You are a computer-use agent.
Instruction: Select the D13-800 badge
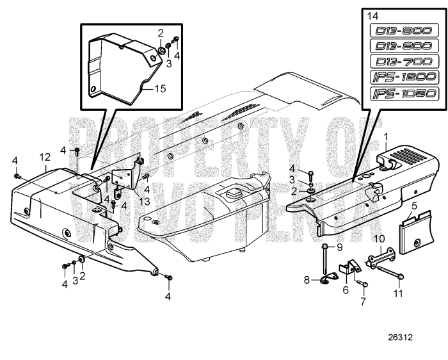(x=404, y=46)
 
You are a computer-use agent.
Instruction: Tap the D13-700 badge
(x=404, y=62)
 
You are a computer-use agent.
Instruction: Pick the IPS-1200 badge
(x=404, y=78)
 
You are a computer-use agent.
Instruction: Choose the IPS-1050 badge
(x=404, y=94)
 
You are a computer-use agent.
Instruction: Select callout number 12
(x=44, y=157)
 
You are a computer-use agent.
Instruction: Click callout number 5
(x=414, y=206)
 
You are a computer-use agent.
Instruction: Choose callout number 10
(x=379, y=238)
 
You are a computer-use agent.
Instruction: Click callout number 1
(x=386, y=136)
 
